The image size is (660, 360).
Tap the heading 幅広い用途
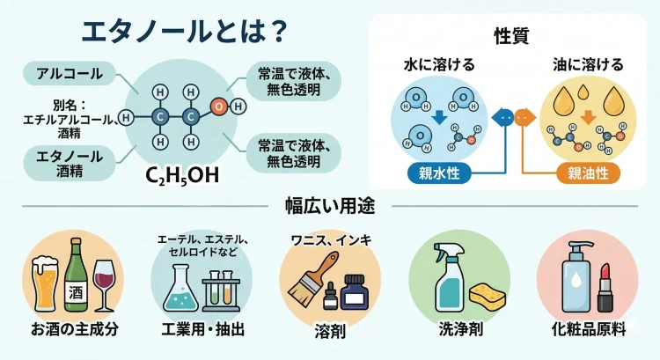330,207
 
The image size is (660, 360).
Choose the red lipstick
605,288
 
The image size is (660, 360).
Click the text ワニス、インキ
331,239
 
